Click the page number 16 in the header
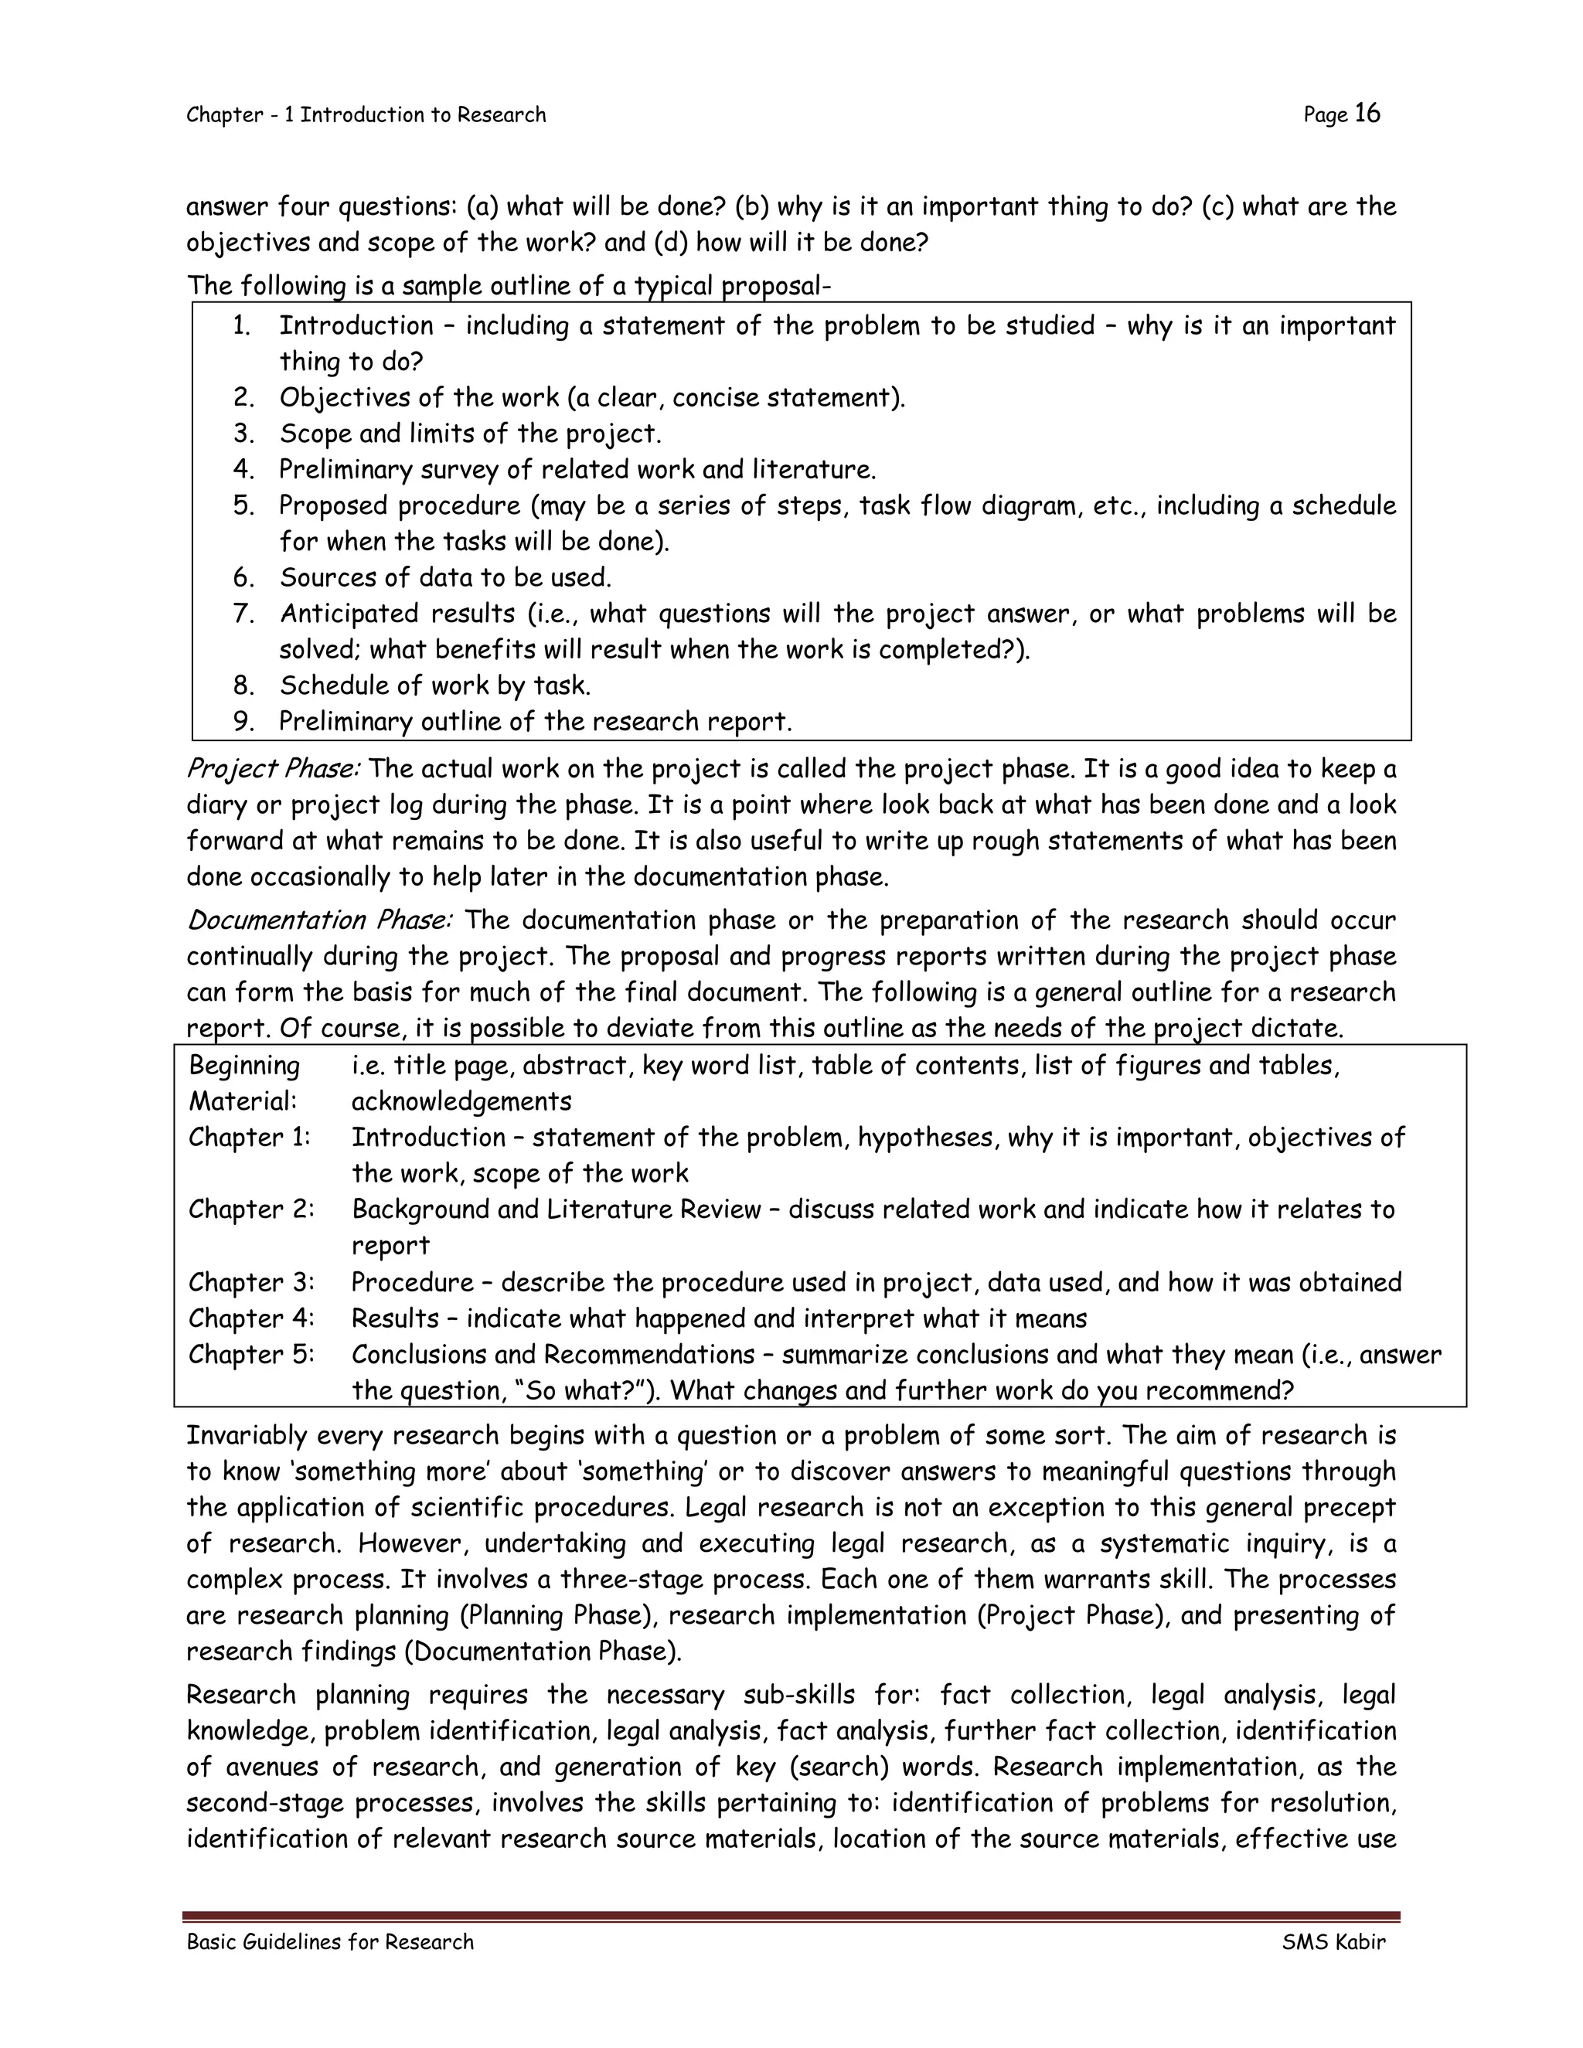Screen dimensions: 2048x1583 tap(1367, 114)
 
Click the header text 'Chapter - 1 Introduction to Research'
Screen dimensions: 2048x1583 tap(366, 114)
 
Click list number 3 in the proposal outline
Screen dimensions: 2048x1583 tap(243, 434)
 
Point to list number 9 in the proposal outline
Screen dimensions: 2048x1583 tap(243, 721)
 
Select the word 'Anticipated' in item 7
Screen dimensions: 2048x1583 tap(347, 614)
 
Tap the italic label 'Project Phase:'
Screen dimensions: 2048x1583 tap(273, 769)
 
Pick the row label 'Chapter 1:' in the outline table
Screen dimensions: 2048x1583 tap(250, 1138)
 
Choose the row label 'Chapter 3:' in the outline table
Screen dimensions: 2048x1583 tap(251, 1282)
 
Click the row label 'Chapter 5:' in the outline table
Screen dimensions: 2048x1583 tap(251, 1354)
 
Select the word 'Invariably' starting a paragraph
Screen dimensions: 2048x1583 tap(247, 1436)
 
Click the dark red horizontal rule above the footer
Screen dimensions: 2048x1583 tap(791, 1917)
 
